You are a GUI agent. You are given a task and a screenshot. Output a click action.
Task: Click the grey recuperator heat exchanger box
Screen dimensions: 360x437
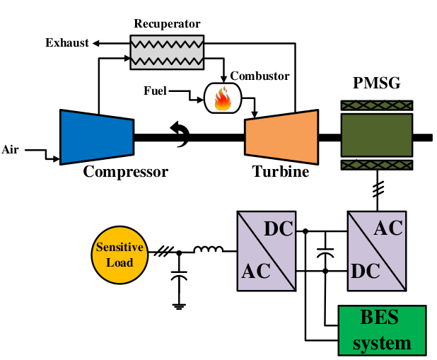click(x=167, y=51)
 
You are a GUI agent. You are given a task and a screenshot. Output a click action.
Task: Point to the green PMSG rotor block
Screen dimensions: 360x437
click(x=376, y=136)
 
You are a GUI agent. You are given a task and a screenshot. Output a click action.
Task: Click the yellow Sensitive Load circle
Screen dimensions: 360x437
click(x=120, y=255)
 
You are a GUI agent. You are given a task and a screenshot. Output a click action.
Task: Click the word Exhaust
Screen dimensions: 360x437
click(x=67, y=43)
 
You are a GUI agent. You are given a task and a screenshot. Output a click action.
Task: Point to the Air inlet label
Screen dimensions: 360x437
click(x=10, y=149)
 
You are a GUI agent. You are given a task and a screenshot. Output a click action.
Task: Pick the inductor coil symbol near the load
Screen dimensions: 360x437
click(x=209, y=250)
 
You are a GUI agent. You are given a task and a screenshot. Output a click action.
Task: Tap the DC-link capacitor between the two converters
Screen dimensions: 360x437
click(x=326, y=252)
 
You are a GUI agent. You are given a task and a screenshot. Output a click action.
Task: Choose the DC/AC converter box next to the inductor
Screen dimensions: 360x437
click(x=264, y=250)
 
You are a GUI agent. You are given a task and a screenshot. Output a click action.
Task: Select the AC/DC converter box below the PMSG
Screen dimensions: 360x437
click(x=376, y=250)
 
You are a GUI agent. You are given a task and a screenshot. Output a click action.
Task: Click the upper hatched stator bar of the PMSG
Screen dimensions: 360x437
click(x=376, y=105)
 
